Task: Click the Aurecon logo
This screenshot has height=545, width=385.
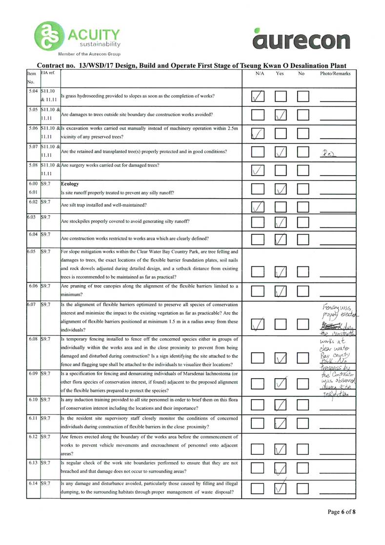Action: click(x=302, y=39)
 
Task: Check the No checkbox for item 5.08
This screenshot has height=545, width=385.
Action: click(x=304, y=170)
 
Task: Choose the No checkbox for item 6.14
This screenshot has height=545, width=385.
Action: click(x=304, y=487)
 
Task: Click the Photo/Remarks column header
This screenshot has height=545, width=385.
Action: click(x=335, y=73)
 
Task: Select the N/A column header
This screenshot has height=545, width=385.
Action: click(x=260, y=73)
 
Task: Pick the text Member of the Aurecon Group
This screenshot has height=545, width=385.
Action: click(x=89, y=54)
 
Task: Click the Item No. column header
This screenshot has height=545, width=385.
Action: click(x=33, y=77)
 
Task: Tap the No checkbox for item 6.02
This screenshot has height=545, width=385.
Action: click(x=304, y=205)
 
